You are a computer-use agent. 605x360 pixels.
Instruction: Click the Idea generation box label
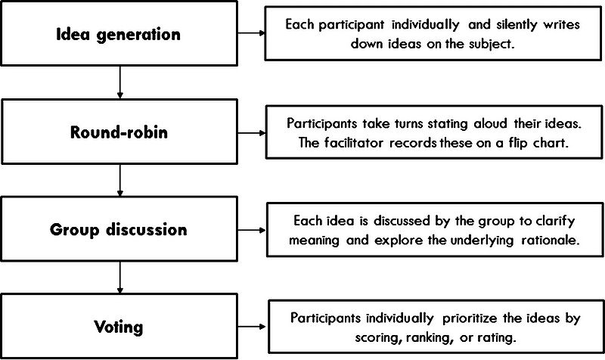tap(119, 34)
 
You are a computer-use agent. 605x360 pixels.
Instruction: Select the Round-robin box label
tap(119, 132)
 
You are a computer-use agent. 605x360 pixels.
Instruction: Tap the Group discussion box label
tap(119, 230)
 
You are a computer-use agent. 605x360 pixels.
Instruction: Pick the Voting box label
tap(119, 327)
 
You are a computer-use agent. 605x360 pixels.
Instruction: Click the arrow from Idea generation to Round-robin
tap(119, 82)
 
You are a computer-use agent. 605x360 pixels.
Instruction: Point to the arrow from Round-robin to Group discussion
tap(119, 180)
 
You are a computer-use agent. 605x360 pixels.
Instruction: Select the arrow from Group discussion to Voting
tap(119, 278)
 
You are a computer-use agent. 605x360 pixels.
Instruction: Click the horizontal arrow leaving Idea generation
tap(251, 33)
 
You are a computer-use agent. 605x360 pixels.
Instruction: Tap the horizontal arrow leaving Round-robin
tap(252, 133)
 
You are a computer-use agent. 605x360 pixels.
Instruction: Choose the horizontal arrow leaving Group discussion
tap(252, 231)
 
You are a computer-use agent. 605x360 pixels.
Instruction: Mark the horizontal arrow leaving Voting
tap(252, 327)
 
